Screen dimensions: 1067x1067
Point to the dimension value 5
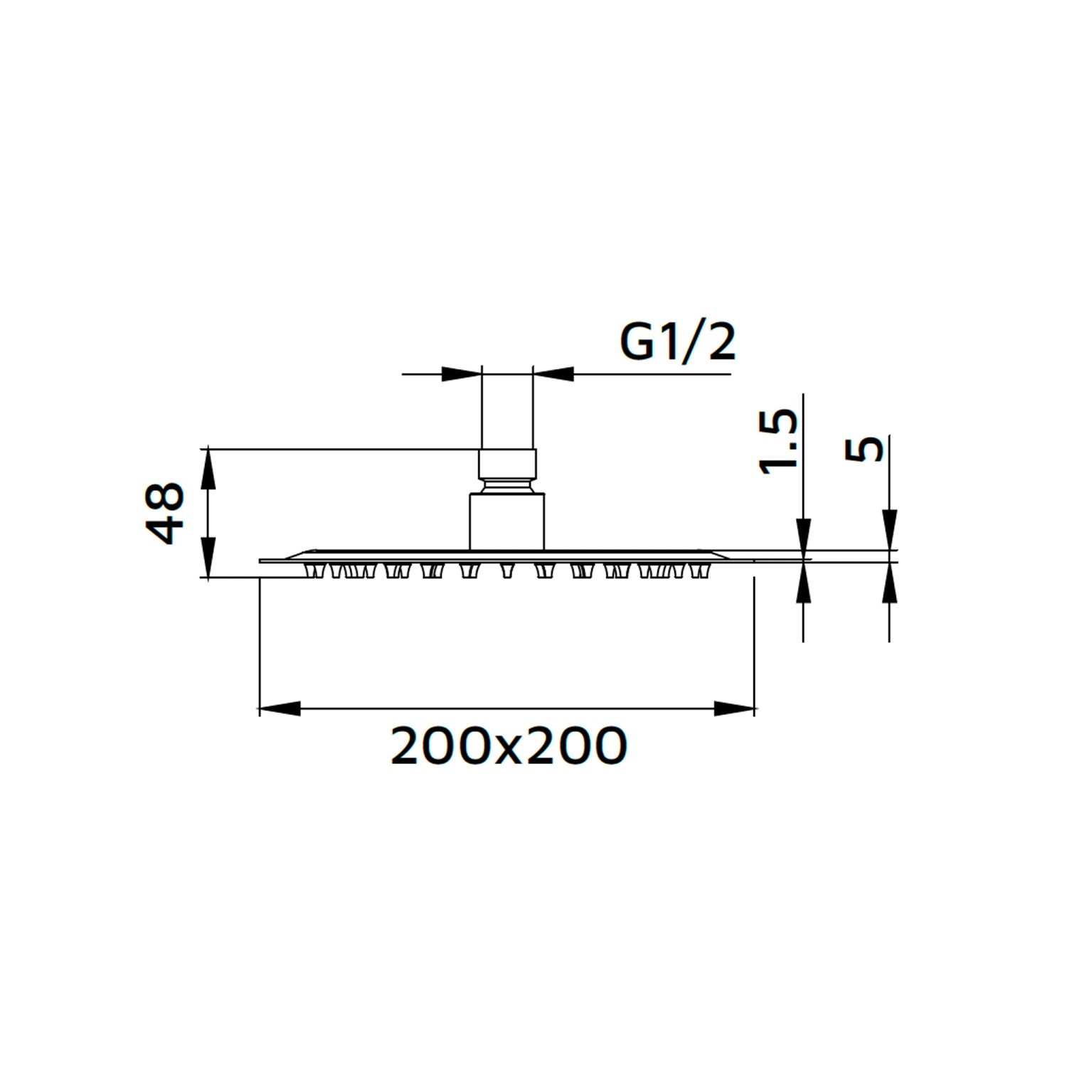pyautogui.click(x=865, y=450)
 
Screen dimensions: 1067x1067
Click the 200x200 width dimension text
pyautogui.click(x=509, y=746)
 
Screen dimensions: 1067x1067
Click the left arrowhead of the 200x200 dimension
pyautogui.click(x=279, y=708)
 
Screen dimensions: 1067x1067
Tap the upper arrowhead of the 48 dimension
pyautogui.click(x=208, y=467)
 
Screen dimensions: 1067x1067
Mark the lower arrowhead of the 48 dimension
pyautogui.click(x=208, y=558)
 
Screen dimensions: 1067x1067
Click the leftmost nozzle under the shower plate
pyautogui.click(x=311, y=570)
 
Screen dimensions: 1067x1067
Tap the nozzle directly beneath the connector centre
pyautogui.click(x=507, y=570)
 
